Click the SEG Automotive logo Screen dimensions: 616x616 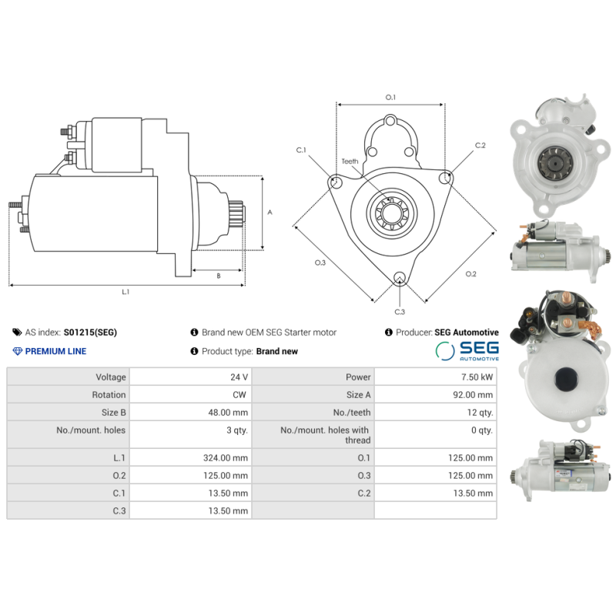[468, 351]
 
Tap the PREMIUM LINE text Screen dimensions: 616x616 [55, 351]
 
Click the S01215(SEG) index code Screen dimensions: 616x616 [90, 333]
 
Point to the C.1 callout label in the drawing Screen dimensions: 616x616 [301, 149]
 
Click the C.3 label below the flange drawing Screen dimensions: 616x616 [400, 312]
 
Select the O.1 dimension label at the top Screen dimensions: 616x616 [390, 97]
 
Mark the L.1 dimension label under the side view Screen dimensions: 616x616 [126, 292]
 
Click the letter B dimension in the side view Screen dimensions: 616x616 [218, 276]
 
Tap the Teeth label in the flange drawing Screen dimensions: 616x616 [350, 161]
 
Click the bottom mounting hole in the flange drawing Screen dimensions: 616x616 [399, 278]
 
